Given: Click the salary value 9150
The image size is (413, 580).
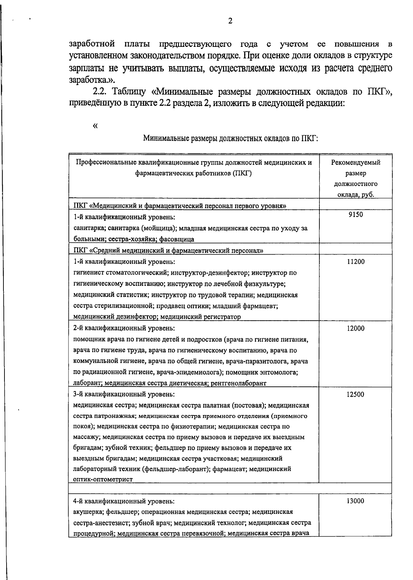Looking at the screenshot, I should point(356,215).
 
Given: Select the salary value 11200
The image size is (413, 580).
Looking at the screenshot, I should point(356,262).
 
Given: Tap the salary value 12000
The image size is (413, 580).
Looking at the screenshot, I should point(356,329).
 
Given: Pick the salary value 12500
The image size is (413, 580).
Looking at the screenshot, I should point(356,395).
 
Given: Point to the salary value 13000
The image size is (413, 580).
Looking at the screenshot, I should point(356,501).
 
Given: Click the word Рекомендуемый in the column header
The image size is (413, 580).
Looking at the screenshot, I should point(356,163).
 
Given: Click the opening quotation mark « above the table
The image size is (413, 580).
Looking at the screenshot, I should point(95,126).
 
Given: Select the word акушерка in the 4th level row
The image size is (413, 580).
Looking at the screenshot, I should point(87,512).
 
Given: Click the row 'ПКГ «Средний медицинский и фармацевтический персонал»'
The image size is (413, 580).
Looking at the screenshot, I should point(168,250).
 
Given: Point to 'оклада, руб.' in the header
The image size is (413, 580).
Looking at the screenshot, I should point(356,195).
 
